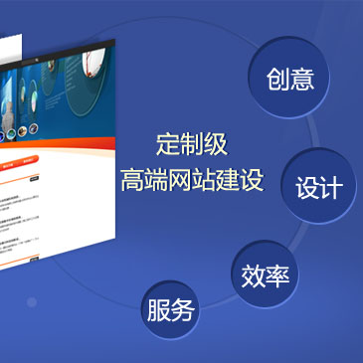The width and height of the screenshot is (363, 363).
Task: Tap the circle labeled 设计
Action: (318, 186)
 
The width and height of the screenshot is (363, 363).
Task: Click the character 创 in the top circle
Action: (277, 80)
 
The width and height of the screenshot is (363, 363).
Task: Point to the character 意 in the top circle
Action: (302, 80)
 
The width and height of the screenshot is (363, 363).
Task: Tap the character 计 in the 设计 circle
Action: (331, 187)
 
